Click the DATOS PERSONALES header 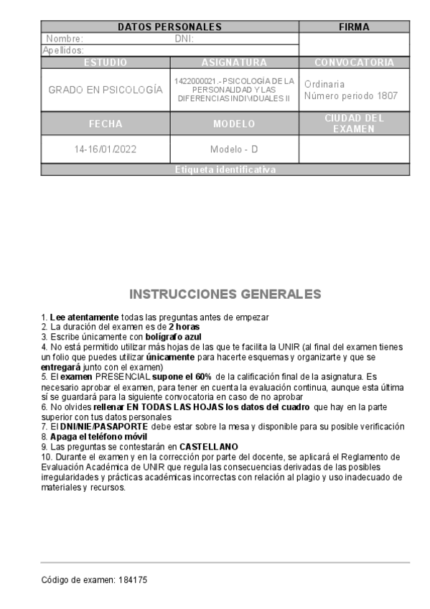(x=169, y=27)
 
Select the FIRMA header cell (x=354, y=27)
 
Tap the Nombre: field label (x=65, y=39)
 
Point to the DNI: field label (x=184, y=39)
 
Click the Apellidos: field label (x=64, y=50)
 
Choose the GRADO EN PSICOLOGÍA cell (x=106, y=90)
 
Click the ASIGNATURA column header (x=234, y=62)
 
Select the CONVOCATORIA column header (x=354, y=62)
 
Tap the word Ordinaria (x=324, y=84)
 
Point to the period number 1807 (x=385, y=96)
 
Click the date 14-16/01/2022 (x=106, y=149)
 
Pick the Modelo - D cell (x=234, y=149)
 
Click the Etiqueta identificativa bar (x=225, y=169)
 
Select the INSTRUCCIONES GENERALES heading (x=225, y=294)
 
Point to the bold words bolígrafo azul (x=172, y=336)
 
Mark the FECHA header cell (x=106, y=124)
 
